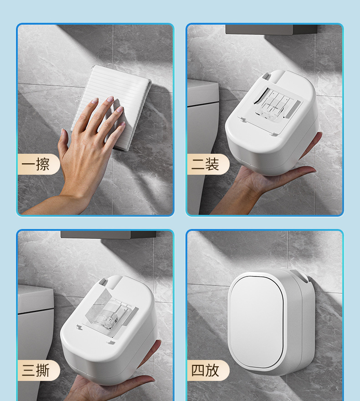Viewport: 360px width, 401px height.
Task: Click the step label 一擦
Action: click(x=35, y=164)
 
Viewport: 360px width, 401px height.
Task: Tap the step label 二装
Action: click(x=205, y=164)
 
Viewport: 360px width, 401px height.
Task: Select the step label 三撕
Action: click(x=35, y=370)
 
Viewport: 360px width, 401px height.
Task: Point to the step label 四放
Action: click(x=205, y=370)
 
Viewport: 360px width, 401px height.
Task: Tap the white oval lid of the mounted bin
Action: click(x=257, y=321)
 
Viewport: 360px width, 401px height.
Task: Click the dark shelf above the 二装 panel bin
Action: click(x=271, y=29)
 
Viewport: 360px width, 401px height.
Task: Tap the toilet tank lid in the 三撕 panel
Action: click(x=35, y=299)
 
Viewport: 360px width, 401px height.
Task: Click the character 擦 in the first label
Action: click(x=42, y=164)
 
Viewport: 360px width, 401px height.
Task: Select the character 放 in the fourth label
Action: click(x=212, y=370)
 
